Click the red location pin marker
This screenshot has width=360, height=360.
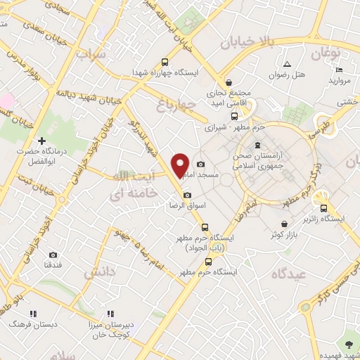tap(181, 165)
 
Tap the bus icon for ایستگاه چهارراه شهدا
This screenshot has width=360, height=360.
tap(165, 61)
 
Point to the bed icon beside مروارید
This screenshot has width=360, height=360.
tap(339, 70)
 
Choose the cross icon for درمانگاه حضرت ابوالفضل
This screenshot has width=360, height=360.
tap(42, 141)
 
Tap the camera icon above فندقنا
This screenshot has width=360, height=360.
tap(53, 255)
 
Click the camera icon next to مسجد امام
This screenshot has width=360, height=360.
tap(202, 164)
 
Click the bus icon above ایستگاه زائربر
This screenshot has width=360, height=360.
tap(323, 208)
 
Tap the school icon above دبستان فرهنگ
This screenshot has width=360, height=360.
tap(28, 314)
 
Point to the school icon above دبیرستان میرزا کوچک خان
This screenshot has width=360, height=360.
tap(110, 314)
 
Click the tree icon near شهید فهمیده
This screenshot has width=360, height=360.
tap(349, 344)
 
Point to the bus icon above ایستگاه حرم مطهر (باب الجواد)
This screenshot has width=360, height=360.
tap(205, 227)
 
